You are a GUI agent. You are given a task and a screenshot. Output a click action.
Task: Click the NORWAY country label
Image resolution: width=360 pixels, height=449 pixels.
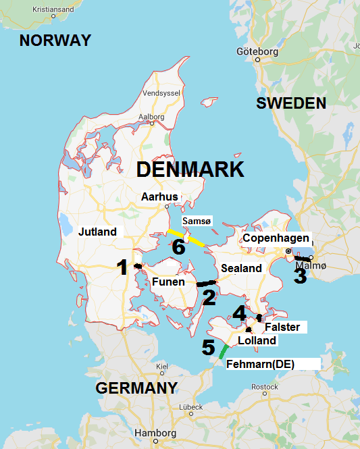click(x=55, y=41)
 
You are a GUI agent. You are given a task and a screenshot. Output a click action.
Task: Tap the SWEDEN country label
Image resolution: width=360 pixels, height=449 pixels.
click(x=291, y=103)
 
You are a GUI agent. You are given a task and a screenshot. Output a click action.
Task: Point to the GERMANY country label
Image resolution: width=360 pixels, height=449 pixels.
click(x=136, y=388)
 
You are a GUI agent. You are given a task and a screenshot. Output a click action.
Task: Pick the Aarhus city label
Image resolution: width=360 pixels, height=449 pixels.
click(x=159, y=197)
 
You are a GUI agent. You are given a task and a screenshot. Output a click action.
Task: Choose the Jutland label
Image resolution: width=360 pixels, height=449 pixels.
click(x=97, y=232)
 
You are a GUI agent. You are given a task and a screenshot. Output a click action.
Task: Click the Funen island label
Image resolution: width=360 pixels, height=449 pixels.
click(x=169, y=282)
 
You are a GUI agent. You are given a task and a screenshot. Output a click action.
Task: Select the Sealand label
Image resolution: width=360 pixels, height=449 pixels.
click(x=241, y=269)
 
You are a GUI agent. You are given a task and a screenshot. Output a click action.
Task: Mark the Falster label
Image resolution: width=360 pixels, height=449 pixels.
click(x=282, y=327)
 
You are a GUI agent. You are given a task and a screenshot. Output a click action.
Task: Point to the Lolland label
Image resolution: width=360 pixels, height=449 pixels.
click(x=257, y=341)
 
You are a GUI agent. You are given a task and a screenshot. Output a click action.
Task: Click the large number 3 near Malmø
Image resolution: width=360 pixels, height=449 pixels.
click(x=299, y=275)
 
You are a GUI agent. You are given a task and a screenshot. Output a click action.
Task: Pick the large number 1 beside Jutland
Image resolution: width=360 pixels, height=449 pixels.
click(x=122, y=268)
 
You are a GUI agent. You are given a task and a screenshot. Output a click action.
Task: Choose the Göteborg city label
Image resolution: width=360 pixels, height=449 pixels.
click(x=257, y=51)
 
